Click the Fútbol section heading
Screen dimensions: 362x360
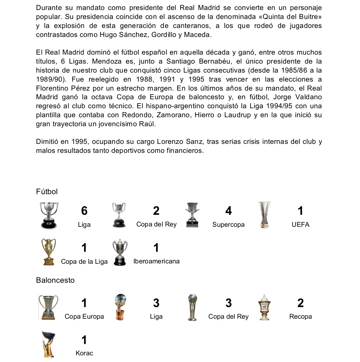tap(47, 192)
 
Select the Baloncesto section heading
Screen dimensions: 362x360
tap(55, 280)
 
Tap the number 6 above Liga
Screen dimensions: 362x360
tap(84, 211)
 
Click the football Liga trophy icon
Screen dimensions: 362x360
tap(49, 215)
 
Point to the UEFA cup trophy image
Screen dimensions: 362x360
tap(265, 215)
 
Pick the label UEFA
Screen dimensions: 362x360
tap(300, 225)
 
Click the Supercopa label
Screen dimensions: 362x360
tap(228, 225)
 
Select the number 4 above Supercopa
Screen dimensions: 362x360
tap(228, 211)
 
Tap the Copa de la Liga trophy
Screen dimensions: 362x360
tap(49, 252)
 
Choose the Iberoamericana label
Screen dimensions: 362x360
tap(156, 261)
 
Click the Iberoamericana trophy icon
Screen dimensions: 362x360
tap(120, 252)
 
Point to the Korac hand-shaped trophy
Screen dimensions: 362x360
tap(48, 344)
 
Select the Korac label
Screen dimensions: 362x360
tap(84, 353)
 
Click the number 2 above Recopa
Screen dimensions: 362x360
tap(300, 303)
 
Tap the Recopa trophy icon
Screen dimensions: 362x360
tap(264, 307)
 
